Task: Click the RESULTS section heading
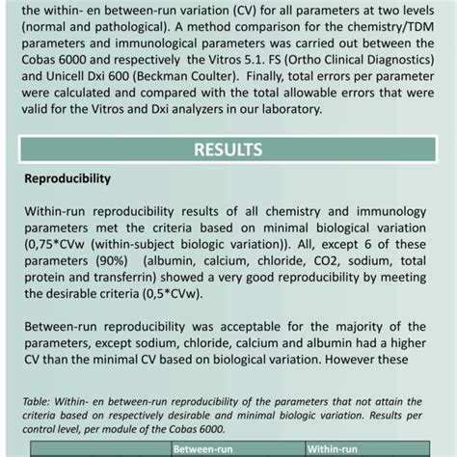click(x=228, y=149)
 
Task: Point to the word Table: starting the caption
click(x=38, y=398)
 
